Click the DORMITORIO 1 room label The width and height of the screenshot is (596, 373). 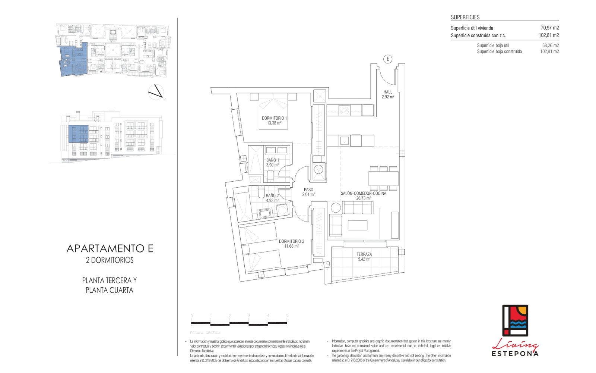pyautogui.click(x=274, y=118)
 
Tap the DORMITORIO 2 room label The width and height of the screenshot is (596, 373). pyautogui.click(x=291, y=242)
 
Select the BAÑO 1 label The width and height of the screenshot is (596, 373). pyautogui.click(x=272, y=160)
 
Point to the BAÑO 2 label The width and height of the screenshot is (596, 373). pyautogui.click(x=272, y=196)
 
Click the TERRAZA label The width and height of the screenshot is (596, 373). pyautogui.click(x=364, y=254)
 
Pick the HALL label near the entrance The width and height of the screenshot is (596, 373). pyautogui.click(x=388, y=92)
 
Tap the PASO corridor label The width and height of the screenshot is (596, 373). pyautogui.click(x=308, y=190)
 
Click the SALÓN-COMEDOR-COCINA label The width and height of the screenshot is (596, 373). pyautogui.click(x=363, y=194)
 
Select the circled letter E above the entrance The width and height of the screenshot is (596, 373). pyautogui.click(x=388, y=59)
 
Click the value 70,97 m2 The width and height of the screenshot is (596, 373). pyautogui.click(x=549, y=28)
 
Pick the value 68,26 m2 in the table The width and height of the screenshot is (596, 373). pyautogui.click(x=550, y=46)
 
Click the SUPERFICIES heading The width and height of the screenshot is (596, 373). pyautogui.click(x=465, y=17)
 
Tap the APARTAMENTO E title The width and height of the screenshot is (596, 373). pyautogui.click(x=110, y=248)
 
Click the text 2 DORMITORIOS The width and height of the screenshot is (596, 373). pyautogui.click(x=110, y=260)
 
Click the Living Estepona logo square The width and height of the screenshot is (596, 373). pyautogui.click(x=515, y=320)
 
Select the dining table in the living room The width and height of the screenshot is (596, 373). pyautogui.click(x=383, y=178)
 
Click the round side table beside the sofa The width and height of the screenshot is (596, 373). pyautogui.click(x=336, y=208)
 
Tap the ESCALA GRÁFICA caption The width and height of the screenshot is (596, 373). pyautogui.click(x=205, y=333)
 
